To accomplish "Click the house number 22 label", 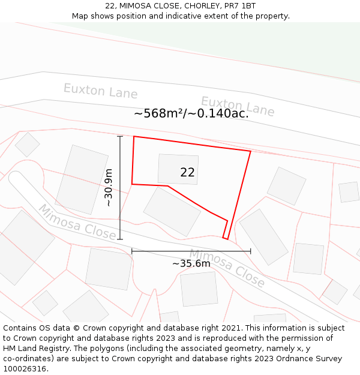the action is coord(187,172).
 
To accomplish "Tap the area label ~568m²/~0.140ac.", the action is coord(191,113).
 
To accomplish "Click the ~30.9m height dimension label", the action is coord(109,188).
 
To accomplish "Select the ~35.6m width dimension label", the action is coord(191,263).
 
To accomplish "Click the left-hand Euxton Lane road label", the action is coord(100,91).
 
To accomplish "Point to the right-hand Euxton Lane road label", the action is coord(238,106).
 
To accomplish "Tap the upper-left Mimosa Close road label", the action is coord(77,221).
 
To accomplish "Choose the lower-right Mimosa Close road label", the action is coord(227,268).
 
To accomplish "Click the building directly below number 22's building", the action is coord(172,211).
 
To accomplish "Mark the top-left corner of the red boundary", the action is coord(134,137).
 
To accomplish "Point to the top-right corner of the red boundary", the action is coord(250,151).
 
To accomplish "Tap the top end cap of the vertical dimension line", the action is coord(120,137).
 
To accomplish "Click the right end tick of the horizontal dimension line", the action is coord(250,251).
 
